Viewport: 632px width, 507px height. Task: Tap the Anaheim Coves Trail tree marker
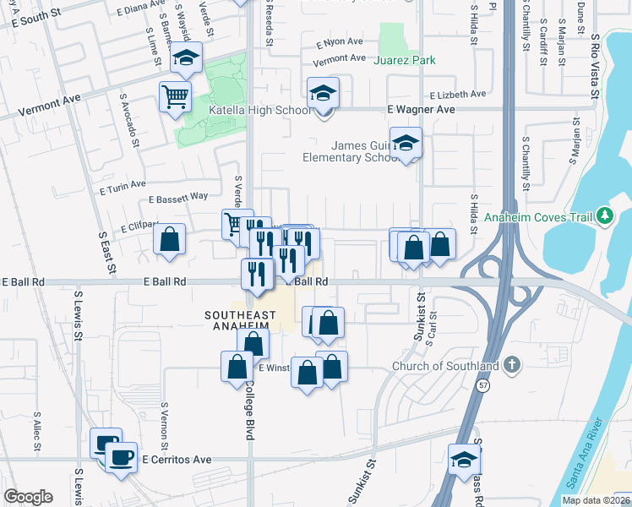pyautogui.click(x=604, y=217)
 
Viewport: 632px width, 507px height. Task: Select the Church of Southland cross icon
pyautogui.click(x=511, y=366)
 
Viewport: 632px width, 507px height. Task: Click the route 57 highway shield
pyautogui.click(x=482, y=385)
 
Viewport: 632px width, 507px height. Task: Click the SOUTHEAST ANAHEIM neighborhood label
pyautogui.click(x=241, y=316)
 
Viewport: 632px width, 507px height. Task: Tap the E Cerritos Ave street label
pyautogui.click(x=174, y=460)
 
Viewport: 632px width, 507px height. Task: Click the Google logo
pyautogui.click(x=28, y=496)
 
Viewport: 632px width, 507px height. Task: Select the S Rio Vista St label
pyautogui.click(x=595, y=67)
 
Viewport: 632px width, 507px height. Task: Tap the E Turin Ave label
pyautogui.click(x=123, y=183)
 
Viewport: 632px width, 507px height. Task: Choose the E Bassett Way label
pyautogui.click(x=177, y=197)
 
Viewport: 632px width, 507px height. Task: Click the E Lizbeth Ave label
pyautogui.click(x=457, y=95)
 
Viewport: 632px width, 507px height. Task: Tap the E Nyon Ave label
pyautogui.click(x=340, y=42)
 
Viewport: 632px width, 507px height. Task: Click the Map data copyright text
pyautogui.click(x=594, y=500)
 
